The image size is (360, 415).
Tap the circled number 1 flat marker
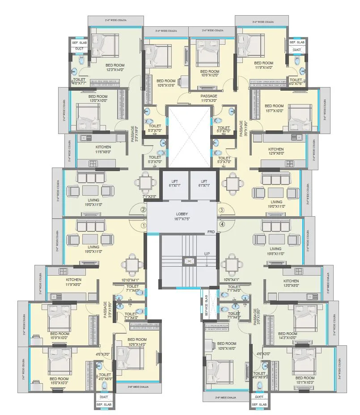(144, 226)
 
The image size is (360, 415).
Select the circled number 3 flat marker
(221, 210)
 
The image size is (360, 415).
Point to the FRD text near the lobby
(211, 232)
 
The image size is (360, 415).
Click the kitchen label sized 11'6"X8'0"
(103, 149)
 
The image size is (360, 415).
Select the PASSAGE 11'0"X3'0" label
(208, 98)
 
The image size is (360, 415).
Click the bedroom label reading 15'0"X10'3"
(59, 381)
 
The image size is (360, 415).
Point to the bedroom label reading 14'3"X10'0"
(287, 336)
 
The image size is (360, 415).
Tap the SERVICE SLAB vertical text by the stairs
(207, 306)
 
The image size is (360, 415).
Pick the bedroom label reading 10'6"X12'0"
(209, 73)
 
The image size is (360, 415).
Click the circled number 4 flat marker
(222, 224)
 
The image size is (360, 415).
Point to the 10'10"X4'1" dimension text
(130, 280)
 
